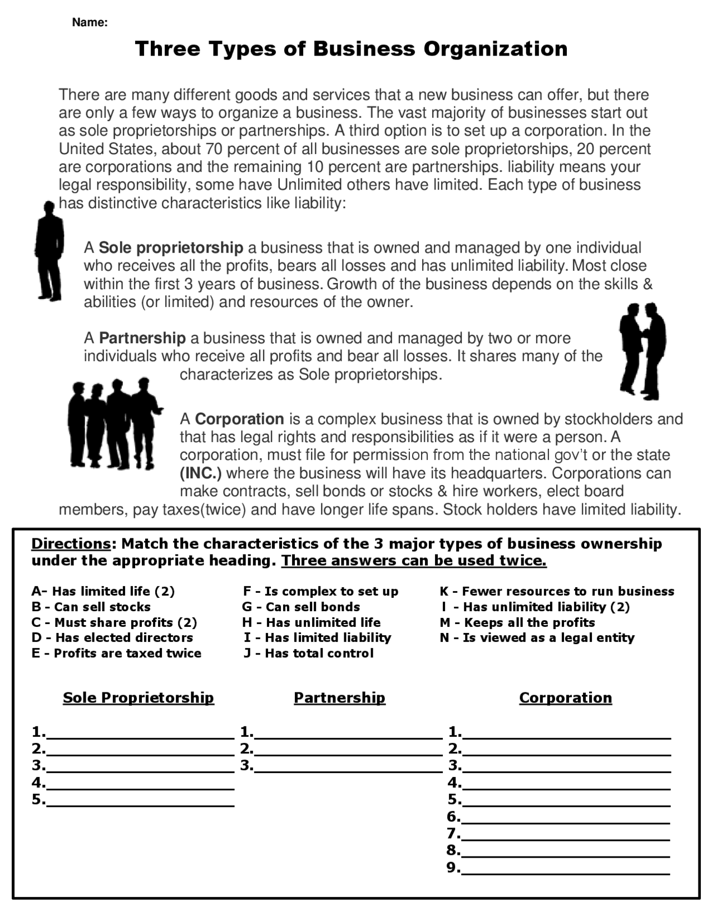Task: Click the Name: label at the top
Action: click(x=90, y=23)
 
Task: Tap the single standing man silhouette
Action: click(x=50, y=251)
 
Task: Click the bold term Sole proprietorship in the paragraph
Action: click(x=171, y=247)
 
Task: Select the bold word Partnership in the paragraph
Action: click(x=142, y=338)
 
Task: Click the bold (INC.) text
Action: click(x=200, y=473)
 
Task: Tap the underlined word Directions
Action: click(x=71, y=543)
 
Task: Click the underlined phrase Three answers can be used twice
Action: click(x=414, y=561)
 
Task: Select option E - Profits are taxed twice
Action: click(x=116, y=653)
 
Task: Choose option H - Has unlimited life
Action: click(x=311, y=622)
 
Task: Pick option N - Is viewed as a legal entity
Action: click(x=537, y=637)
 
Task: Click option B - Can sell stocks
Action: click(x=91, y=607)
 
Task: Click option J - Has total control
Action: click(x=308, y=653)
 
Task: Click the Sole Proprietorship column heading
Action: click(x=138, y=697)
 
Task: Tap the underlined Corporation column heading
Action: click(x=565, y=697)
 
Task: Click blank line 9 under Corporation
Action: click(x=565, y=868)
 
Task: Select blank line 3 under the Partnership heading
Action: click(x=348, y=766)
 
